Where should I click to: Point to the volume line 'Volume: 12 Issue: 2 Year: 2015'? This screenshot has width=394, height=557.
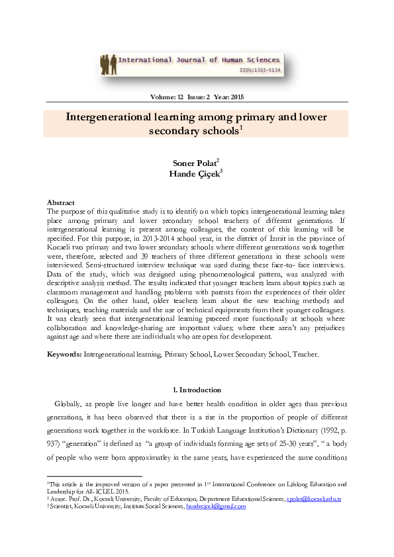click(x=197, y=98)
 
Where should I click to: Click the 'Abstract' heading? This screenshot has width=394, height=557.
click(x=60, y=202)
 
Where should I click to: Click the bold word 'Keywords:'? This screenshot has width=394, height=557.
click(x=64, y=355)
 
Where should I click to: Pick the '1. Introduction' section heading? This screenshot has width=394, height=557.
click(x=197, y=390)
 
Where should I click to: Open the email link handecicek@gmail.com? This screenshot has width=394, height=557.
click(x=216, y=506)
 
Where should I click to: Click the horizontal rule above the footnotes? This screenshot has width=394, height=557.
click(x=94, y=476)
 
